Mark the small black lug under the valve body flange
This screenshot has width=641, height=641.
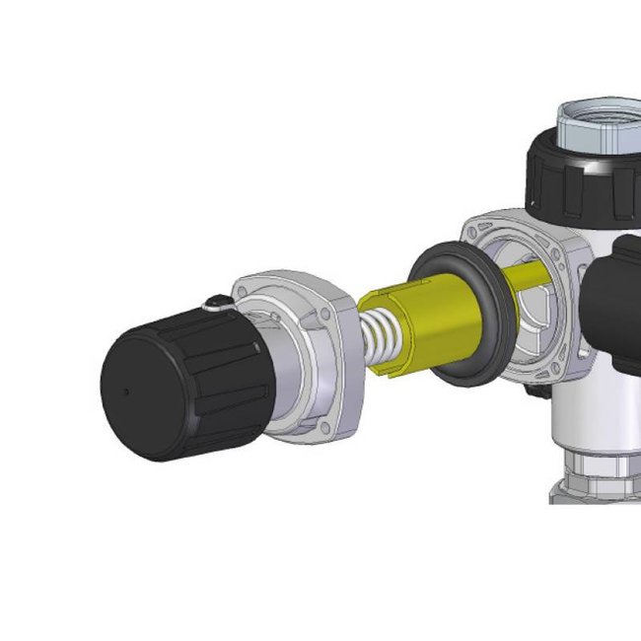point(537,391)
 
